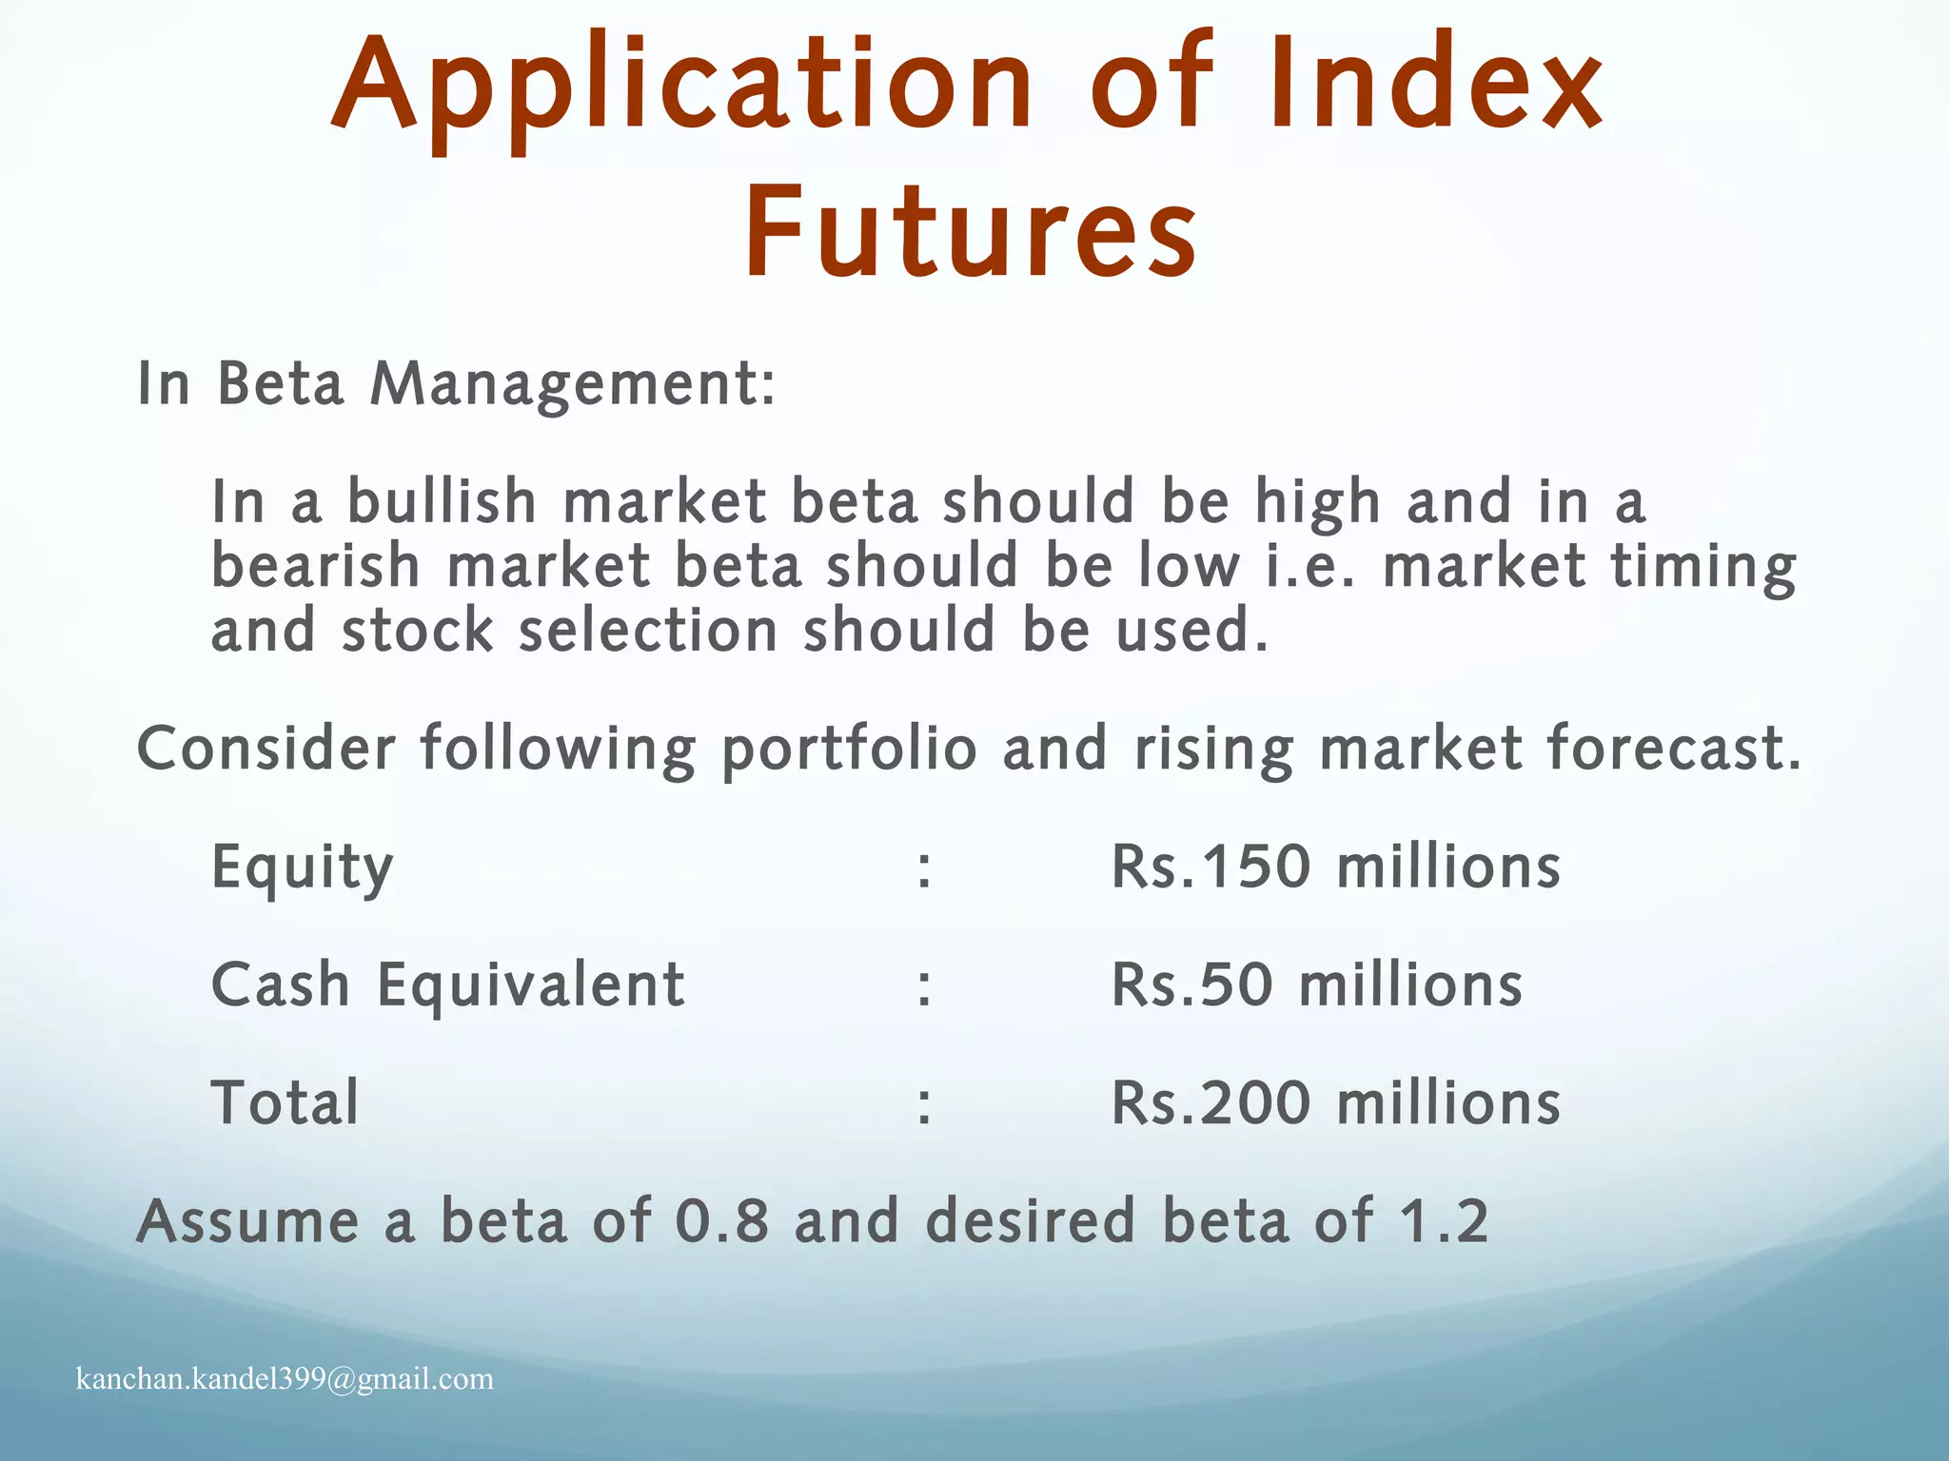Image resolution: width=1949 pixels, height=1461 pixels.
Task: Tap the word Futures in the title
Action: (x=971, y=234)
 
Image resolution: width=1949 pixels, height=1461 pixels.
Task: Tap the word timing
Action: (x=1703, y=568)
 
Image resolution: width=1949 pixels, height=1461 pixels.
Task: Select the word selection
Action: (x=648, y=631)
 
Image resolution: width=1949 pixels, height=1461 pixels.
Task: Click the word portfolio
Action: (x=849, y=750)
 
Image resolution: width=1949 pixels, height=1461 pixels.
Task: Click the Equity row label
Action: (x=302, y=867)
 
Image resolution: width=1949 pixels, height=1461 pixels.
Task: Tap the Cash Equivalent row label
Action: (x=447, y=984)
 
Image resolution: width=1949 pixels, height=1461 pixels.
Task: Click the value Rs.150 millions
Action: (x=1336, y=867)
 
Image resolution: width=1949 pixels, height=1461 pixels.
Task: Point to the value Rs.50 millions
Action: (x=1317, y=984)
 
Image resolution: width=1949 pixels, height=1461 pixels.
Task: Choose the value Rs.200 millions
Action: (x=1336, y=1102)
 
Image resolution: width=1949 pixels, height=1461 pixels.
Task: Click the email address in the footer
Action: (x=285, y=1378)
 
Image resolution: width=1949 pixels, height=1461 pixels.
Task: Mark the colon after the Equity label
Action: (x=924, y=869)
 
